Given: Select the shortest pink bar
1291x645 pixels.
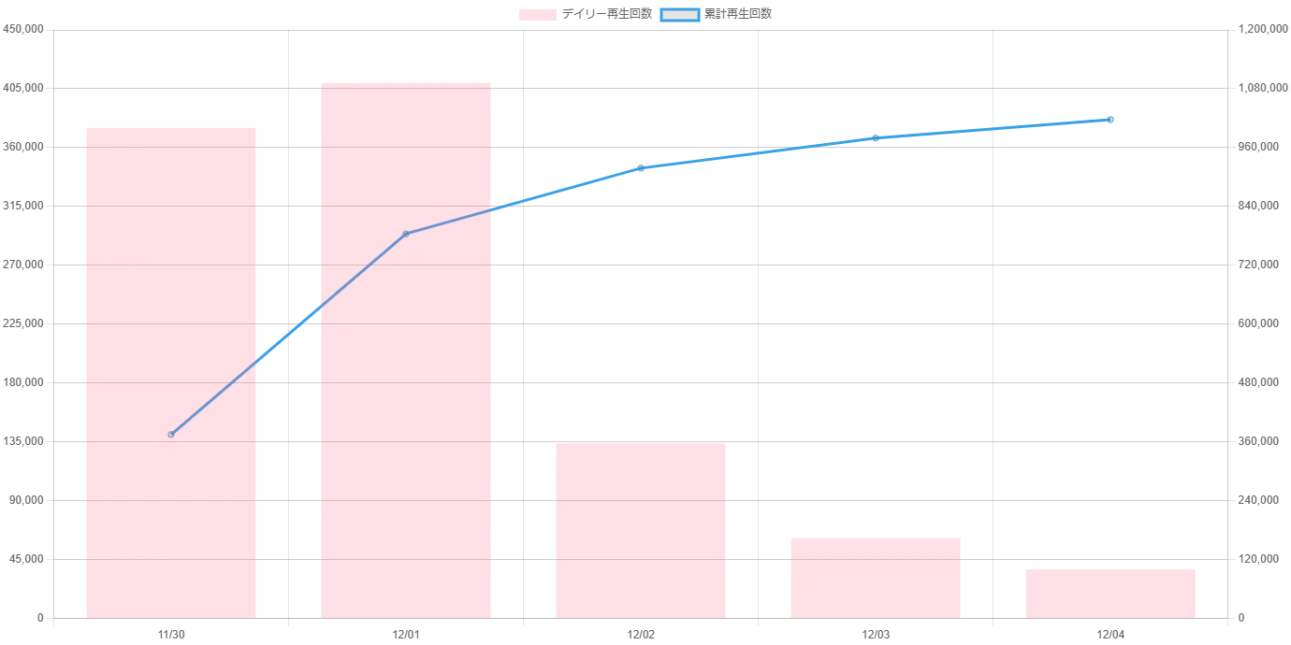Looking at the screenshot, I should (1110, 593).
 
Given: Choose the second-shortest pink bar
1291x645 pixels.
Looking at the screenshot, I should (876, 575).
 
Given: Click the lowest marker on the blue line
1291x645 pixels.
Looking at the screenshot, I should (171, 434).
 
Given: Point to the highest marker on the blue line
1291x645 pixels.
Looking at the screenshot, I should (1110, 120).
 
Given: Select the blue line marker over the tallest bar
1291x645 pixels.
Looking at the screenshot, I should (405, 233).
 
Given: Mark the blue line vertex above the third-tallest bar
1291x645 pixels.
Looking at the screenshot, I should (640, 168).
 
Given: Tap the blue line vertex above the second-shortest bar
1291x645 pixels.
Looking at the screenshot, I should (876, 137).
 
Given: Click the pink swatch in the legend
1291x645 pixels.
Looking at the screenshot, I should (538, 15).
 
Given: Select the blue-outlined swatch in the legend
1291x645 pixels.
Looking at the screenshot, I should (680, 15).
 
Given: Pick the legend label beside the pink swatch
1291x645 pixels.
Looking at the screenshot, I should (608, 15).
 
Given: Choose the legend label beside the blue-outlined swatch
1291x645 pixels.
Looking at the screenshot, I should (740, 15).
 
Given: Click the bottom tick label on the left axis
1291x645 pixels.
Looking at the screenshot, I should (40, 620).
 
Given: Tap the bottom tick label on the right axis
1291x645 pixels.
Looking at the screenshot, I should (1242, 620).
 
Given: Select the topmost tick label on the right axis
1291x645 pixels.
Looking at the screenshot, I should (1256, 31).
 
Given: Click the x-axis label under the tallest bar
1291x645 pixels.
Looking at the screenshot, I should (405, 636).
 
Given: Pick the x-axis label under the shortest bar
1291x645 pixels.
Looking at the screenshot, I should (1110, 636).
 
